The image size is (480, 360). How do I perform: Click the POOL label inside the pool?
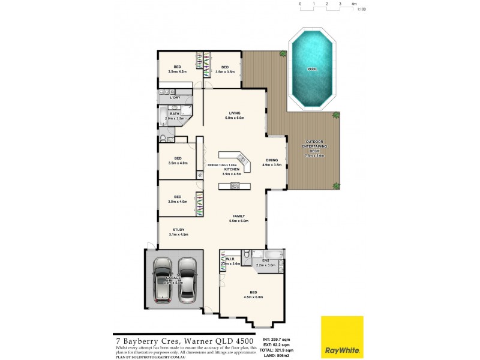pos(312,69)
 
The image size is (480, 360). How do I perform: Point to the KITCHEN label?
pos(232,169)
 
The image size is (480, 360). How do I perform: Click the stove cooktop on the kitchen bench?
pos(235,185)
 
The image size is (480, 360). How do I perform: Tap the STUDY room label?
pos(178,229)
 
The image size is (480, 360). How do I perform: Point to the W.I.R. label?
pos(229,259)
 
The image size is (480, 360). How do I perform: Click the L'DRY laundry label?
pos(175,97)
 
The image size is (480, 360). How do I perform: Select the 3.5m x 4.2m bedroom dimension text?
pos(178,71)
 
